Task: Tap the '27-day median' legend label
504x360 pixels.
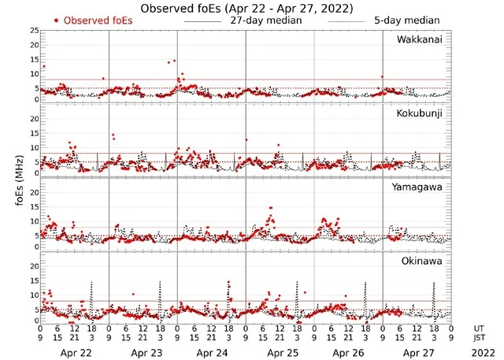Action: point(266,20)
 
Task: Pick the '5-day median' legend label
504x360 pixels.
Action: point(407,20)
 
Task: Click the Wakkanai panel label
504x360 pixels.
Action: point(419,39)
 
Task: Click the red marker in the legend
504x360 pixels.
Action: point(57,20)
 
